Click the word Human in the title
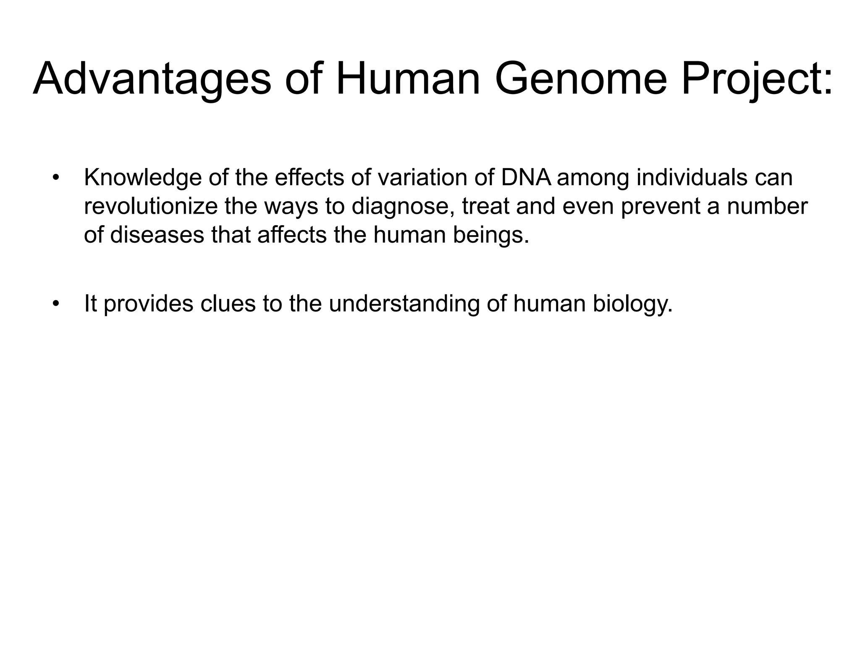[408, 79]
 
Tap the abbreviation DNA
[526, 178]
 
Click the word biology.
[632, 304]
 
